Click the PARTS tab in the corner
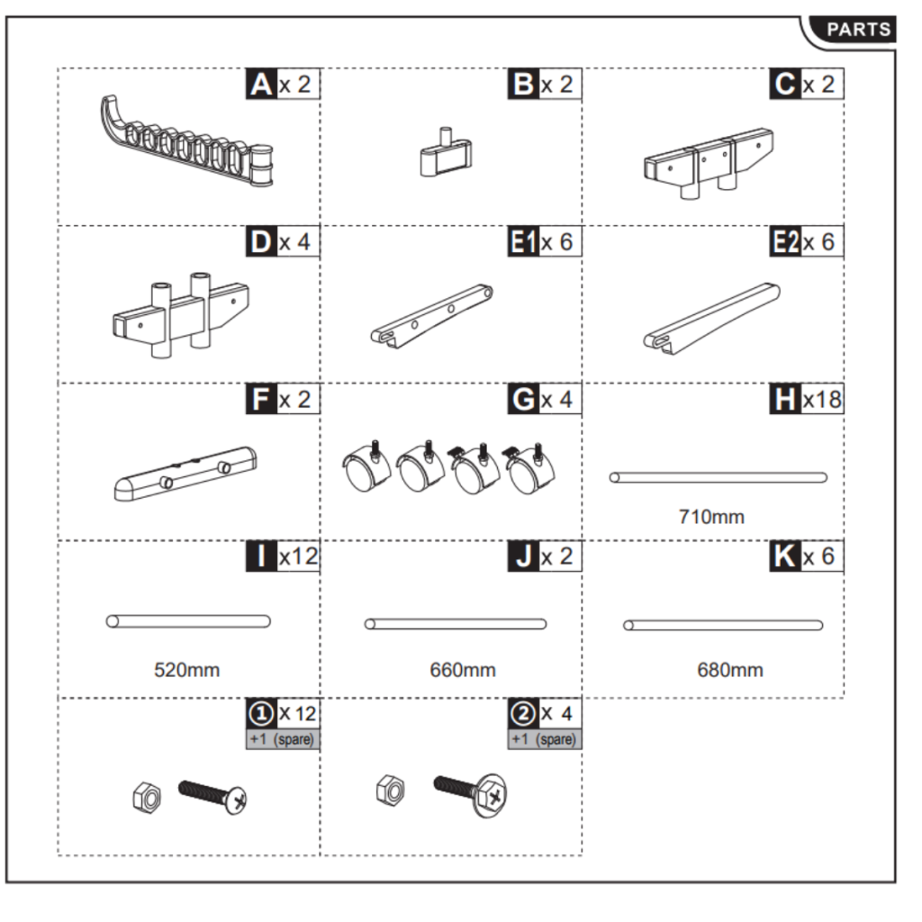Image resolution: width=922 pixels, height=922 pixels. coord(858,30)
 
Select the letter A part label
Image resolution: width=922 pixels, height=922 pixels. coord(261,85)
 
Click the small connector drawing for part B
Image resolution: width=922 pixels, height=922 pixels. coord(444,154)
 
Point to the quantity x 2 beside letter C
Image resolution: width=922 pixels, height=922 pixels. coord(818,85)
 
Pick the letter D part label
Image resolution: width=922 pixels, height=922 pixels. coord(261,242)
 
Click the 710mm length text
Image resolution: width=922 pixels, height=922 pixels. coord(710,517)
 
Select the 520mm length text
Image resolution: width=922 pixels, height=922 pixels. coord(186,670)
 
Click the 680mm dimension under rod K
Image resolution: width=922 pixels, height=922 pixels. coord(729,670)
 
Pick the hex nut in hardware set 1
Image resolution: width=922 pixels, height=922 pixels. coord(143,794)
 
